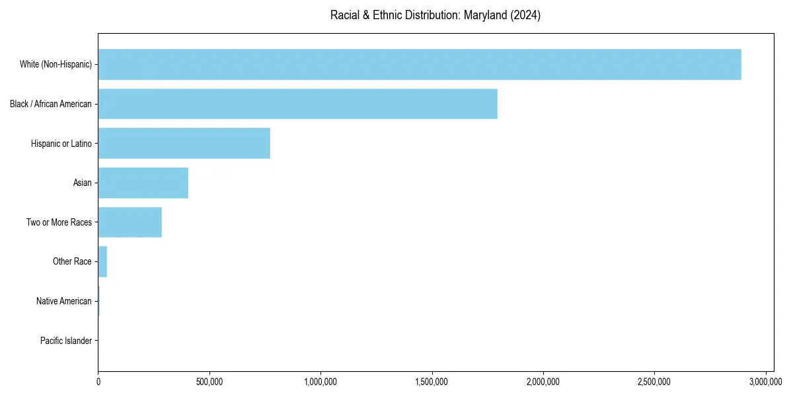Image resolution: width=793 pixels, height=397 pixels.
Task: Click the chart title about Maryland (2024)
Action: (x=435, y=15)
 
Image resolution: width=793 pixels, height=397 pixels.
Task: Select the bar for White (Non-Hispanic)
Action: (x=420, y=64)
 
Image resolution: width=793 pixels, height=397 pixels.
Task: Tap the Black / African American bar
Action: (x=297, y=104)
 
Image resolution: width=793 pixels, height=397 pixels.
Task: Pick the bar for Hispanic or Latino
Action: (x=184, y=144)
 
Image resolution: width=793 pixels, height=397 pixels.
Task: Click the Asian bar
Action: (x=143, y=183)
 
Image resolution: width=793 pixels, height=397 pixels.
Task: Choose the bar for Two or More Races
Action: (x=130, y=222)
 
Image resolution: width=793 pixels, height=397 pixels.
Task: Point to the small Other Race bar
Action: (x=102, y=262)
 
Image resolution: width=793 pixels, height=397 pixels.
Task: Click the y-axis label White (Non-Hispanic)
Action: (x=56, y=64)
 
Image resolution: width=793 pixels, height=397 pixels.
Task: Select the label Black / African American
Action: (x=51, y=104)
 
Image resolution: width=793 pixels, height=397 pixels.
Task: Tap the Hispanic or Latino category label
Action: (x=61, y=144)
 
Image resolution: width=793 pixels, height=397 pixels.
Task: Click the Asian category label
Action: (x=83, y=183)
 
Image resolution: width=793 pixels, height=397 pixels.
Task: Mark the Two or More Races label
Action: (x=59, y=222)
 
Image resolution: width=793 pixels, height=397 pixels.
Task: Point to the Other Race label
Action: (x=72, y=262)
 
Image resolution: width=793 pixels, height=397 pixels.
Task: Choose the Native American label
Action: (x=64, y=302)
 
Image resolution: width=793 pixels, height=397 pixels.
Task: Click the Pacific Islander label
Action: (x=66, y=341)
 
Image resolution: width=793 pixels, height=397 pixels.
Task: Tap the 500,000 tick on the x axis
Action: (x=209, y=382)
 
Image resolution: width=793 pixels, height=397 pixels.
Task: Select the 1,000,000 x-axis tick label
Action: (x=321, y=382)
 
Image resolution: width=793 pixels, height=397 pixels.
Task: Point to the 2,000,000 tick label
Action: (x=543, y=382)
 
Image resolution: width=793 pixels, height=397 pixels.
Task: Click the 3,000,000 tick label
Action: (x=766, y=382)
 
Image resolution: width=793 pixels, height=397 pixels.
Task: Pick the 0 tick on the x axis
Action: (x=98, y=382)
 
